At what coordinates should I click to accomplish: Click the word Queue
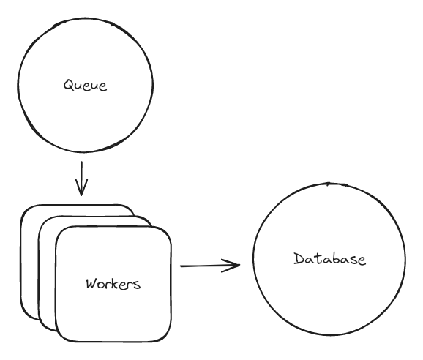86,86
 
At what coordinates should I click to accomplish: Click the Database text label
329,259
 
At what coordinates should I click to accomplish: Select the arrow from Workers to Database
209,265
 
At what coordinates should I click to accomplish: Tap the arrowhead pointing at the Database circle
236,265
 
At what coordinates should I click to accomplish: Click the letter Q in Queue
67,86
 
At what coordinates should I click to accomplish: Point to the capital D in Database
299,259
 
